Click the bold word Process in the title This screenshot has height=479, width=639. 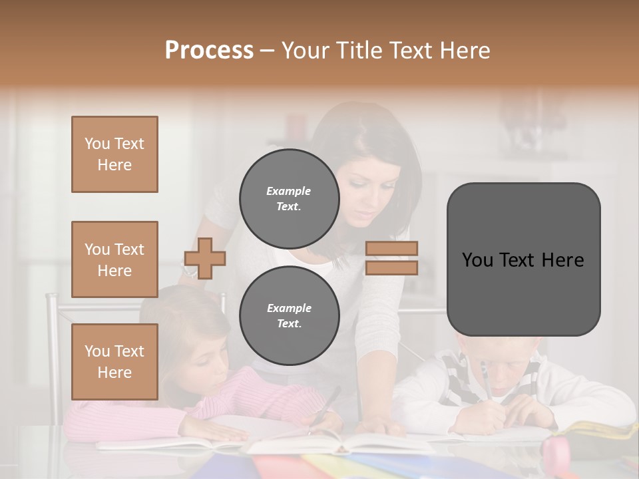[209, 50]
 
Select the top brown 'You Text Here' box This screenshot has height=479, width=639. [114, 154]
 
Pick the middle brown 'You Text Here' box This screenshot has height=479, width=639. [114, 259]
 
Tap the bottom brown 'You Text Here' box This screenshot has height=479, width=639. [114, 362]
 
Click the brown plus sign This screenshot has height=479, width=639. [204, 258]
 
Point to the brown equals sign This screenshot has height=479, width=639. [391, 258]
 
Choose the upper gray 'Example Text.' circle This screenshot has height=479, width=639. [289, 199]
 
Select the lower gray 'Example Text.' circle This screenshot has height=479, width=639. [289, 316]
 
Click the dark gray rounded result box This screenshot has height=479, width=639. [523, 259]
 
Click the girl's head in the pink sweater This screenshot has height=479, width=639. [193, 333]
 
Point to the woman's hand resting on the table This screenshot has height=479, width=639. [379, 426]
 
